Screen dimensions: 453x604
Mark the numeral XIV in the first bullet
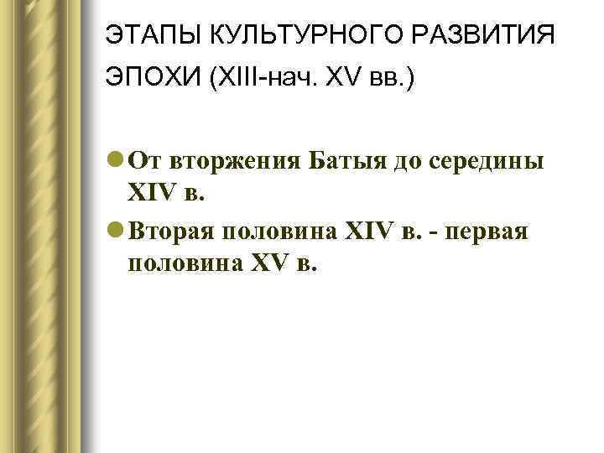[x=149, y=195]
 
